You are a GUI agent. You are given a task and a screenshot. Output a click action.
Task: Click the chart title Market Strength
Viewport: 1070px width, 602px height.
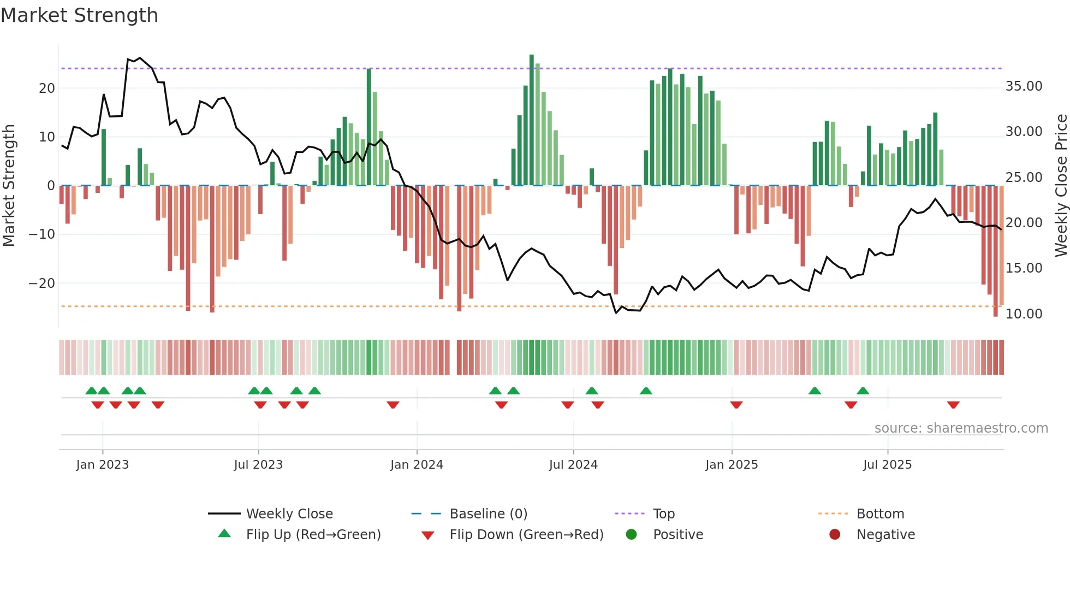tap(79, 15)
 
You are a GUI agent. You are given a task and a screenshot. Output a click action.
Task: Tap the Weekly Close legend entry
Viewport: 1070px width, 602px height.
tap(289, 514)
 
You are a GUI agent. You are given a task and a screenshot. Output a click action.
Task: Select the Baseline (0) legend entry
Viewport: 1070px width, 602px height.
tap(488, 514)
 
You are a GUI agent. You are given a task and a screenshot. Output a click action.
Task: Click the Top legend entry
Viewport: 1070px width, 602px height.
tap(663, 514)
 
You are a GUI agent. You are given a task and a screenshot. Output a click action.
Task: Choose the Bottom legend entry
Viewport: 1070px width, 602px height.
tap(880, 514)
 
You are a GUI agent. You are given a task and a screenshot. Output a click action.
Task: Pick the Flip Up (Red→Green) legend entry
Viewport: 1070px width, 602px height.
tap(313, 534)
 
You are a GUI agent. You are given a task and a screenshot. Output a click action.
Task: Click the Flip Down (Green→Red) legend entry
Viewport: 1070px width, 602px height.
tap(526, 534)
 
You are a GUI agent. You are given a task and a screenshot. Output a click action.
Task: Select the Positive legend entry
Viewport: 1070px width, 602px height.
tap(677, 534)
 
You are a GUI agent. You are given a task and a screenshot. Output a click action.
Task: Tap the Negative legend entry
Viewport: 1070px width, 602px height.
tap(885, 534)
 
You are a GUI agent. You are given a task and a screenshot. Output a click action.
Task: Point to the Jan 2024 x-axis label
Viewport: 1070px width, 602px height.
tap(417, 465)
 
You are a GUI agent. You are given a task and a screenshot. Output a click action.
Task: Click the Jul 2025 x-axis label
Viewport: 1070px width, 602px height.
tap(887, 465)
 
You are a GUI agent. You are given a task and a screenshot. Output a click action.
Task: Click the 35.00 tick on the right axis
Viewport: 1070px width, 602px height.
tap(1024, 86)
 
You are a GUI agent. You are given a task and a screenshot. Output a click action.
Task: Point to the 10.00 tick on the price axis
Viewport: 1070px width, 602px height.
tap(1024, 314)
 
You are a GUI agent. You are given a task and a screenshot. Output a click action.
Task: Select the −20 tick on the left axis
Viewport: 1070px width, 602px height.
tap(41, 284)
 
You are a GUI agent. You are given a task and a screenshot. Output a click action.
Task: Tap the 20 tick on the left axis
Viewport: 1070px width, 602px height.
tap(46, 88)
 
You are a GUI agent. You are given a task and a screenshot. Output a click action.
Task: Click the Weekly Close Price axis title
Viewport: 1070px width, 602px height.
tap(1061, 186)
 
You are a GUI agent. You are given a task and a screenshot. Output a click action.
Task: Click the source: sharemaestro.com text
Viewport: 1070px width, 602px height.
tap(961, 428)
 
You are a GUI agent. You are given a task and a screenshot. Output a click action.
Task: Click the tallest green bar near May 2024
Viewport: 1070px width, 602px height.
tap(532, 120)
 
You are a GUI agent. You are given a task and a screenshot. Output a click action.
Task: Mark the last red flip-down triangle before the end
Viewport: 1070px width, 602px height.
tap(953, 405)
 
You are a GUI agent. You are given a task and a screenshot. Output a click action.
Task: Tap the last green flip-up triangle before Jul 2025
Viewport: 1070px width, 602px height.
tap(863, 391)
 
